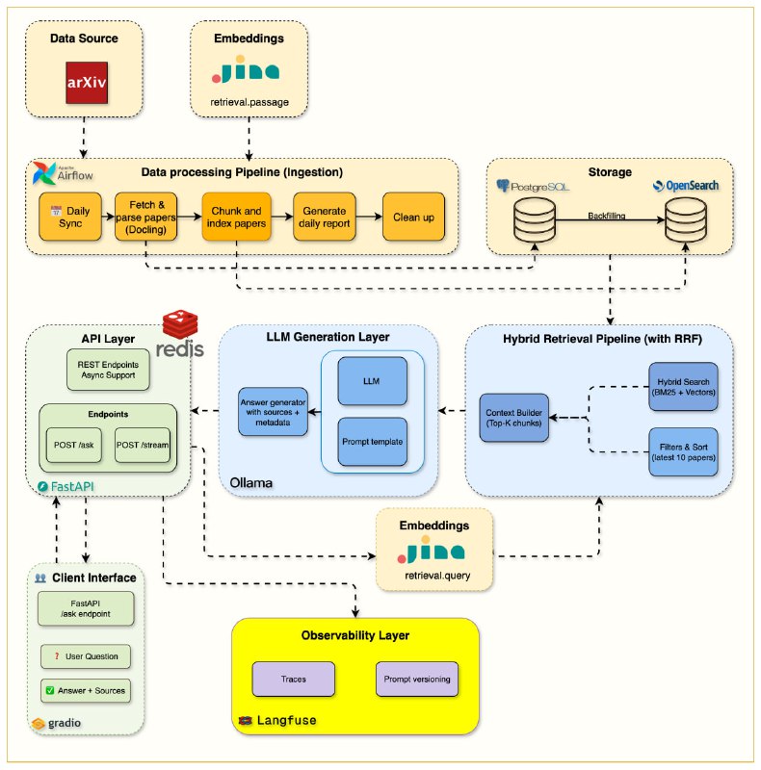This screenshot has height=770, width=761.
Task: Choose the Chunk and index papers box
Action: click(233, 218)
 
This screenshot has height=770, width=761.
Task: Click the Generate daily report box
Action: click(324, 218)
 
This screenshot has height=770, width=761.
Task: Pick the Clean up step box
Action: click(413, 218)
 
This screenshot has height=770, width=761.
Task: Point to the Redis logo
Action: click(182, 334)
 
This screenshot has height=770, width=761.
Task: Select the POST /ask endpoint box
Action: click(72, 444)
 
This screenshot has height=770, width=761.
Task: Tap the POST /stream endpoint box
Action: click(141, 444)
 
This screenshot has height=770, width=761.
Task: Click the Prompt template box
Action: click(372, 442)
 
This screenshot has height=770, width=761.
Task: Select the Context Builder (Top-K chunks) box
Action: click(514, 415)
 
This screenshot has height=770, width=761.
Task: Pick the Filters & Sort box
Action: click(682, 450)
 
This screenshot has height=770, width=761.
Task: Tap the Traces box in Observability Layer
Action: click(293, 679)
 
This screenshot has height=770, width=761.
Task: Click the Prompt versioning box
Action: click(417, 679)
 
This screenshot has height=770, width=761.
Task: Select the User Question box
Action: click(85, 655)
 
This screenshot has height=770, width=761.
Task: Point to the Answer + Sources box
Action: click(85, 690)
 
